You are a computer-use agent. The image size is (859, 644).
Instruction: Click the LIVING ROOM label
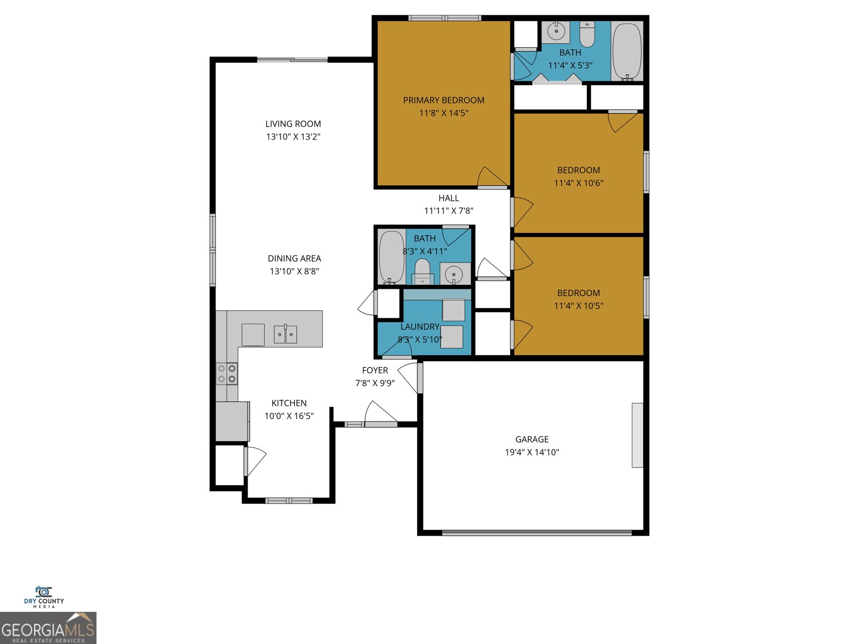point(293,124)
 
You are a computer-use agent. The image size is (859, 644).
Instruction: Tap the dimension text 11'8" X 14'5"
point(443,113)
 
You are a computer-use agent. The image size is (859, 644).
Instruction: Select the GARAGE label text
point(532,440)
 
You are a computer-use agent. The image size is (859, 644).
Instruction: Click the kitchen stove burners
point(227,374)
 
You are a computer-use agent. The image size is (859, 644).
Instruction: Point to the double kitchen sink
point(285,334)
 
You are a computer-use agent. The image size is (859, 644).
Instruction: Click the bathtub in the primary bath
point(627,51)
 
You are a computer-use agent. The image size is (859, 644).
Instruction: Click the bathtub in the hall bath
point(391,257)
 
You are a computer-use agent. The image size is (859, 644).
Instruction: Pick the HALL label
point(449,198)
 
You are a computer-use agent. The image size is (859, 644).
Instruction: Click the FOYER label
point(375,370)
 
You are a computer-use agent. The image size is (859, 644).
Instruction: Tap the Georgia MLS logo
point(48,628)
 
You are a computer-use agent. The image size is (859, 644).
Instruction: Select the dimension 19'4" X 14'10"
point(532,452)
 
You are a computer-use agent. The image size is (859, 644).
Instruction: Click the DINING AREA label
point(294,259)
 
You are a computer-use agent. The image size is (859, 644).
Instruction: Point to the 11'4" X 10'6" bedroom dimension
point(578,183)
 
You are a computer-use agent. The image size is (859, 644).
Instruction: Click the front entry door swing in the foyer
point(380,413)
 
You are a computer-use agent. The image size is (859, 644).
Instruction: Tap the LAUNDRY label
point(420,327)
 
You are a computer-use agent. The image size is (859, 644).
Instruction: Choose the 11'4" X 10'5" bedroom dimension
point(578,306)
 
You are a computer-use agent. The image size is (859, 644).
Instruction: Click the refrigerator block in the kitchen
point(232,421)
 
